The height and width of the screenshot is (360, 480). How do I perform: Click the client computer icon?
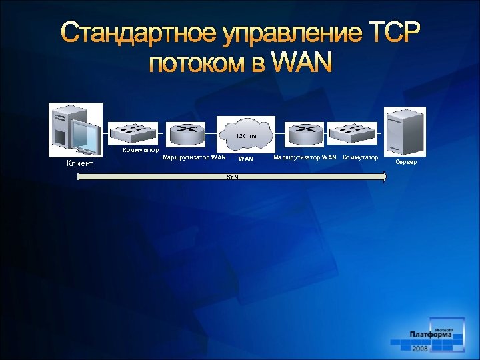click(x=76, y=129)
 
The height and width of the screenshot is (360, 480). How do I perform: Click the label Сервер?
click(x=406, y=162)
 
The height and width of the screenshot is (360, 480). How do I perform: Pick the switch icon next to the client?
click(x=134, y=132)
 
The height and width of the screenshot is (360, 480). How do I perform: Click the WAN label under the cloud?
click(x=246, y=159)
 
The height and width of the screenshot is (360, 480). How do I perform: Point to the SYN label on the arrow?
click(x=232, y=177)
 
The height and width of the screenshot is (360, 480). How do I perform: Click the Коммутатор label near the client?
click(x=141, y=150)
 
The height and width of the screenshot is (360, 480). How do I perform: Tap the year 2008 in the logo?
click(x=421, y=349)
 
